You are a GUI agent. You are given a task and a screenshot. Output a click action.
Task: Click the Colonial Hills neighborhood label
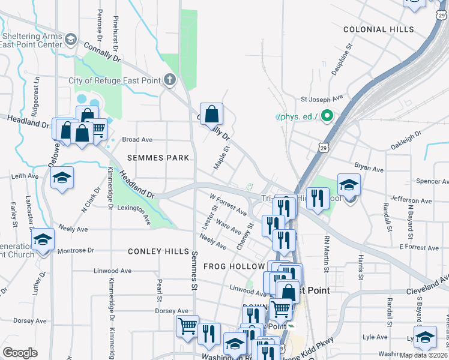378,29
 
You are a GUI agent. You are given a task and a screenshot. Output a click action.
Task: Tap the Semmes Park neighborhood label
158,158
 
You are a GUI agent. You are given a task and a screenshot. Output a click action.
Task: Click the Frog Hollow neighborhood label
234,266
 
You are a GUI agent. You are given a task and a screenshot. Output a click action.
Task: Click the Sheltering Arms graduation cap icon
70,40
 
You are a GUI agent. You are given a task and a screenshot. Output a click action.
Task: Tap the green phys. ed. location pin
327,116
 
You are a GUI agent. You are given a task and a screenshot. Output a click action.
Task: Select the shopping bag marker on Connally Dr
212,113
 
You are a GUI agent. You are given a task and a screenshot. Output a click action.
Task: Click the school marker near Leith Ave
61,178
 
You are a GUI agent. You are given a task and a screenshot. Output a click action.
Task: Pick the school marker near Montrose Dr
43,240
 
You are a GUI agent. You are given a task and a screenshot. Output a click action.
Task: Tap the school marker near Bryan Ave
349,184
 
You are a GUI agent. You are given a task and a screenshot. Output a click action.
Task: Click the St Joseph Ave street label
321,97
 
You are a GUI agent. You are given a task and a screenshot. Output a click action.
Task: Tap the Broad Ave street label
137,139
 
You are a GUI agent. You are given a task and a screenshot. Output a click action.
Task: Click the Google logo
20,353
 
